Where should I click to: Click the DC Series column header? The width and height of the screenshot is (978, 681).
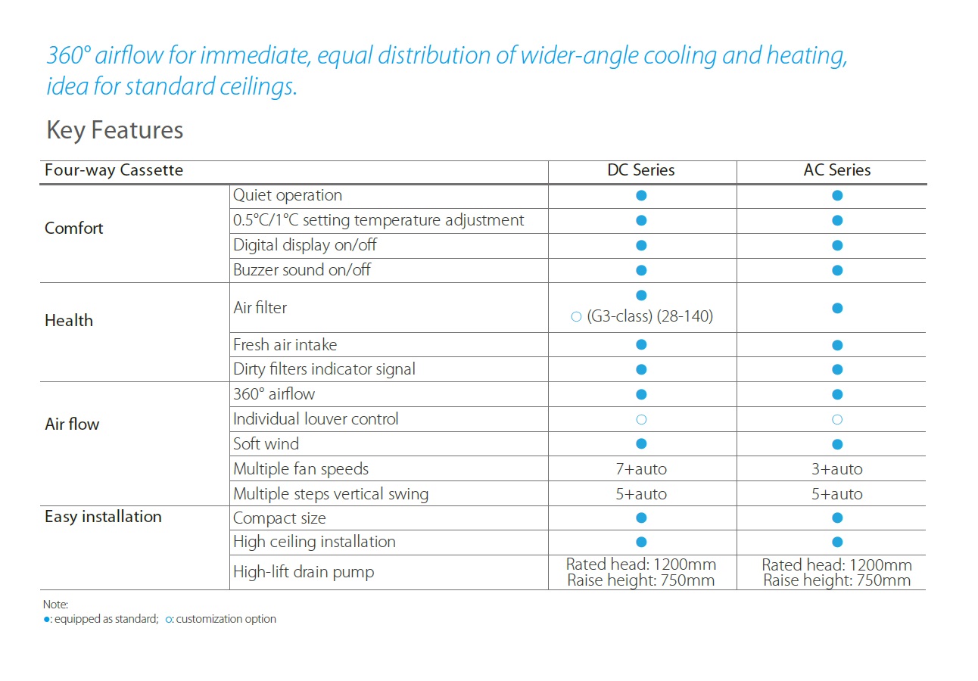640,169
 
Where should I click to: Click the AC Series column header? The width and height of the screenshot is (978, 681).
837,169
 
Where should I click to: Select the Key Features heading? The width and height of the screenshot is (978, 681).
115,130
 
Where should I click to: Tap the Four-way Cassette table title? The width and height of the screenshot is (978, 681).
114,170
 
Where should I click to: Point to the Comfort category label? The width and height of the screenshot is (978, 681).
73,229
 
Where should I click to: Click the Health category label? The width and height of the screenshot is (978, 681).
69,321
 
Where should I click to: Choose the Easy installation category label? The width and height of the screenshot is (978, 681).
103,517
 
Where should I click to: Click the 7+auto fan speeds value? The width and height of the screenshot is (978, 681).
641,469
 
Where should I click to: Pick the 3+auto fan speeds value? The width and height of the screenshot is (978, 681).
837,469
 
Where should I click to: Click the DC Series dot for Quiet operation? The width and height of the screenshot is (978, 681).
641,195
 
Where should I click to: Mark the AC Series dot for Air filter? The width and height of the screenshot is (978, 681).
837,309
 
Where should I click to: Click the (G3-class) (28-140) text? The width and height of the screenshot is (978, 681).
649,316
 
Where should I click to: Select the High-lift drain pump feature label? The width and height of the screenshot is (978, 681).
304,572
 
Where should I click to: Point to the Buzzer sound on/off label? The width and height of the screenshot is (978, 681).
302,270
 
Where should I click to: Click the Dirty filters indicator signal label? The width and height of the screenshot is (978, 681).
324,369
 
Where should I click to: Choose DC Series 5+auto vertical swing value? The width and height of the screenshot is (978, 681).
641,494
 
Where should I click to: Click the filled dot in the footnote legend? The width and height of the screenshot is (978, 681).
47,620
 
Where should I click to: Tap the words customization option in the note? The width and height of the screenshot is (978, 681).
226,619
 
